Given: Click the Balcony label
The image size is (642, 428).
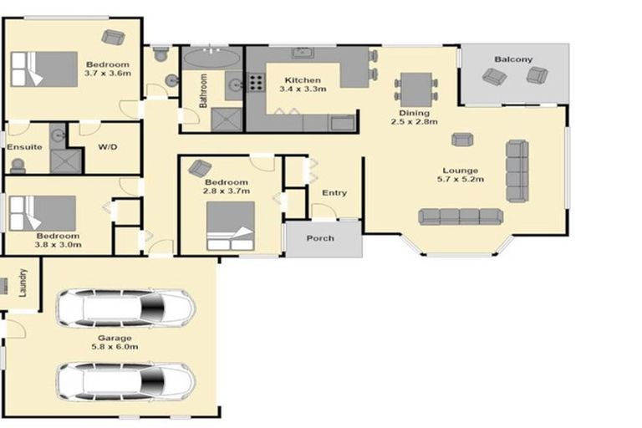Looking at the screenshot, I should coord(512,59).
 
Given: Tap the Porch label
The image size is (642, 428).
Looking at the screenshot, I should coord(319,238).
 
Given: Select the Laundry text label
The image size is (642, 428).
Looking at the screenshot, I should coord(23,283).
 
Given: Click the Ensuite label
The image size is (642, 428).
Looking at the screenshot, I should coord(25,147).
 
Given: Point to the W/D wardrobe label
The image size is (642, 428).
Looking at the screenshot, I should coord(107,147).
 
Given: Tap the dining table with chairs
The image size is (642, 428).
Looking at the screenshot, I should coord(415,87).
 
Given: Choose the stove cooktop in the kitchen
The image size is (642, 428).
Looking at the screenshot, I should coord(255,83).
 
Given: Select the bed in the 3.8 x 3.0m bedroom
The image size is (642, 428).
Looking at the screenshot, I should coord(42,212).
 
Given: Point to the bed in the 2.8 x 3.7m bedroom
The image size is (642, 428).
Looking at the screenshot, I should coord(230,226).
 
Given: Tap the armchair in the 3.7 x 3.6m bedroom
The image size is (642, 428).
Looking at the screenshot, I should coord(112,37).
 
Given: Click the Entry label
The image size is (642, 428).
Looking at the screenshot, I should coord(334,193).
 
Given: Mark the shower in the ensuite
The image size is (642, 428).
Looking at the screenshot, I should coord(64,160).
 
